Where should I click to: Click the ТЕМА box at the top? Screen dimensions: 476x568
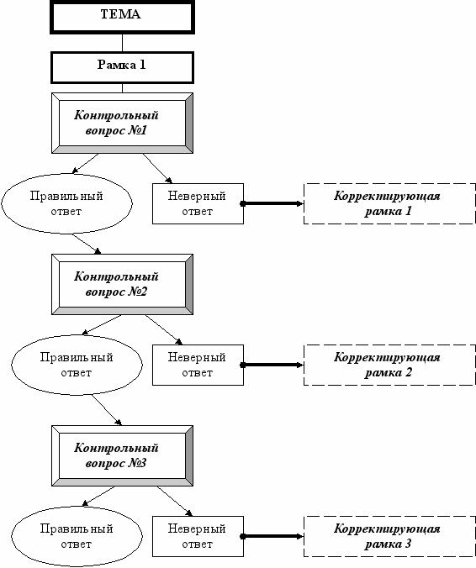[122, 17]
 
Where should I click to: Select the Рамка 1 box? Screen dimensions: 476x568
[122, 67]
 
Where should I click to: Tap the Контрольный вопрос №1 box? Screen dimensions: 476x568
[122, 124]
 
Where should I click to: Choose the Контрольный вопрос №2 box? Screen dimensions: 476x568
[122, 284]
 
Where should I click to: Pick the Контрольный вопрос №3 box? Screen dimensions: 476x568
[122, 455]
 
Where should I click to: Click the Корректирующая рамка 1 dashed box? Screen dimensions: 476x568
[389, 203]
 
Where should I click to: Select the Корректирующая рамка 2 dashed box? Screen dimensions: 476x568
[389, 365]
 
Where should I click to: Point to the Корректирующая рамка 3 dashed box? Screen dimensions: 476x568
[389, 536]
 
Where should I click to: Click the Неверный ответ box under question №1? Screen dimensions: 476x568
[198, 203]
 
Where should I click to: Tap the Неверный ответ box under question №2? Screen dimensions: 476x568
[198, 365]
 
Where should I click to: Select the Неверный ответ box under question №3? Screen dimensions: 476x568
[198, 536]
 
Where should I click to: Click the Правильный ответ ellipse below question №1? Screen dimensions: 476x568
[66, 203]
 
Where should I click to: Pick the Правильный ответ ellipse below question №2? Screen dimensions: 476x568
[77, 365]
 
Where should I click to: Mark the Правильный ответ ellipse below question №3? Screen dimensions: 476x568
[77, 536]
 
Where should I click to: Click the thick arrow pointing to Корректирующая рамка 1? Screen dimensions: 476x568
[272, 203]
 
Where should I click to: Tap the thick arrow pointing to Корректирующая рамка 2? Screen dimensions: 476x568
[272, 365]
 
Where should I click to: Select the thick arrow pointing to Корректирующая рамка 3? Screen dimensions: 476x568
[272, 536]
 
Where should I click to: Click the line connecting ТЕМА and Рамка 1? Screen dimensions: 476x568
[122, 43]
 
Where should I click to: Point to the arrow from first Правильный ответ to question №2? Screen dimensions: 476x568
[87, 244]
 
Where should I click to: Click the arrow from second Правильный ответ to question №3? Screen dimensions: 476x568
[107, 410]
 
